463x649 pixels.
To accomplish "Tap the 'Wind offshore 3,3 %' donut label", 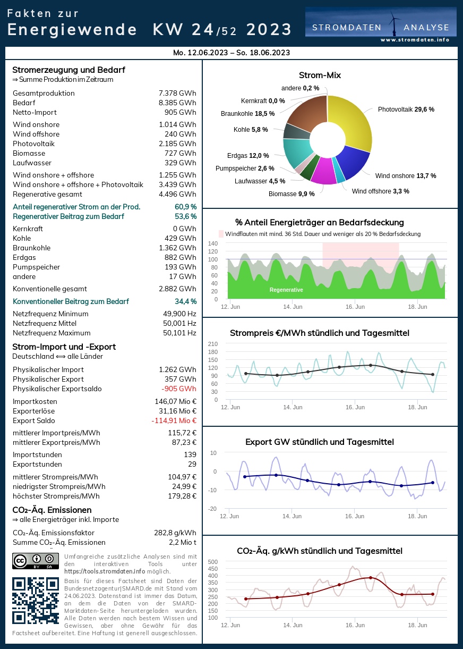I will point(380,191).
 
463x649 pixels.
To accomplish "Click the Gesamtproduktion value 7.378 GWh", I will point(177,93).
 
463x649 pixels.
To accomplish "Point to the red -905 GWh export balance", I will point(179,389).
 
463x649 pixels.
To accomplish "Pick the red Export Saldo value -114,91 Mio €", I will point(174,420).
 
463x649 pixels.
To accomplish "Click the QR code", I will point(35,601).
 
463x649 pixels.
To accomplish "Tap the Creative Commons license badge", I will point(35,561).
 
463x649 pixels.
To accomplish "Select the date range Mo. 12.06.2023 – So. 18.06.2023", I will point(231,53).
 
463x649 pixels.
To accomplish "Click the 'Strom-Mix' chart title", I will point(320,75).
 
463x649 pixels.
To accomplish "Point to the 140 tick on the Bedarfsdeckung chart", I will point(213,243).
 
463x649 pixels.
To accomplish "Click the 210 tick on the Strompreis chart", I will point(213,343).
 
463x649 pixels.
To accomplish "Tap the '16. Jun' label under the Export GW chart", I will point(355,516).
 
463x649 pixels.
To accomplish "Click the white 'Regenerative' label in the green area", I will point(286,290).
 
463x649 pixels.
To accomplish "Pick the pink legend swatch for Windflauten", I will point(221,234).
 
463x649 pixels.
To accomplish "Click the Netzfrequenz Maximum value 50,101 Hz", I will point(179,333).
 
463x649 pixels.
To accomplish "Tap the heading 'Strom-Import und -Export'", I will point(64,347).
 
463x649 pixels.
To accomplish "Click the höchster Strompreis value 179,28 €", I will point(179,496).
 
